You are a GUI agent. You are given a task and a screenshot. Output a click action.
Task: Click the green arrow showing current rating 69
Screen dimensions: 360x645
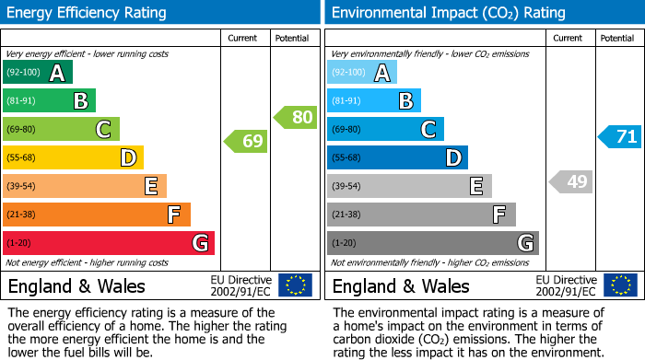(246, 142)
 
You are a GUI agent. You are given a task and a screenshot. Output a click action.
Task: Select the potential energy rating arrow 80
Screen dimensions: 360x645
(295, 117)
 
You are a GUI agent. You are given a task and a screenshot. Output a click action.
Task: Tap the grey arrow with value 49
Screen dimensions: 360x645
(570, 181)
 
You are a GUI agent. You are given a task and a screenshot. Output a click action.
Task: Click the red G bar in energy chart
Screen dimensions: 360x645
(109, 243)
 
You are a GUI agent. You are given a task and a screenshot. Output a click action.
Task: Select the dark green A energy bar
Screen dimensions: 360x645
(38, 73)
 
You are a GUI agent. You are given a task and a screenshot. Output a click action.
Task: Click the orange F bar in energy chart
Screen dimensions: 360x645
(97, 215)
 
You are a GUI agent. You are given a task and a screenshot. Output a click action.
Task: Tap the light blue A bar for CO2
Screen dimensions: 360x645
(362, 73)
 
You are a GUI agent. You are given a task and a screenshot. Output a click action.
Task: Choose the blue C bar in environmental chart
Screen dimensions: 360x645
(385, 130)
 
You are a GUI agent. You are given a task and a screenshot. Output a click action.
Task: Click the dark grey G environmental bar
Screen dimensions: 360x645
(433, 243)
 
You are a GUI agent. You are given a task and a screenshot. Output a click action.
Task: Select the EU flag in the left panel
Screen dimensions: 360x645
(296, 285)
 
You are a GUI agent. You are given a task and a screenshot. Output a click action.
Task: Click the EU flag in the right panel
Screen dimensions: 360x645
(620, 285)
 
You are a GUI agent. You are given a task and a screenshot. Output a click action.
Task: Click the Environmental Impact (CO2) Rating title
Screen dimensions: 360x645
(448, 13)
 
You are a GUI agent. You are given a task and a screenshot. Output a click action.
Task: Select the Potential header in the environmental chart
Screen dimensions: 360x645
(617, 38)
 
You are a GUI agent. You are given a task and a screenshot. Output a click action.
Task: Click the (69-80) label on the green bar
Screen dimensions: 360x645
(23, 130)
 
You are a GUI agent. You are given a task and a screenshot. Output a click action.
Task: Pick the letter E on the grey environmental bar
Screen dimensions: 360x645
(476, 186)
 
